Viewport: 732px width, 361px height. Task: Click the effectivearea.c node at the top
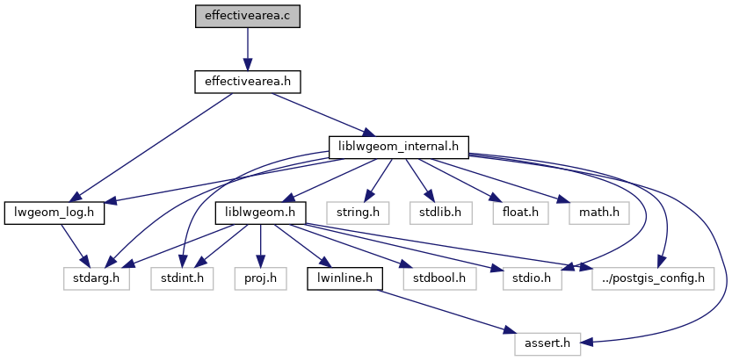[x=247, y=15]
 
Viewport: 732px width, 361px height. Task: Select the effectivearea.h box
[x=247, y=82]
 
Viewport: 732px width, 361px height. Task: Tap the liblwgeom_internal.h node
[x=398, y=147]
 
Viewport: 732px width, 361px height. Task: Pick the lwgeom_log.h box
[x=54, y=212]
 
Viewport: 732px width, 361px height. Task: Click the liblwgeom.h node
[x=259, y=212]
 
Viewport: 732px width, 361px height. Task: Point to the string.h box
[x=352, y=212]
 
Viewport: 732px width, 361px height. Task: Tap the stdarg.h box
[x=91, y=278]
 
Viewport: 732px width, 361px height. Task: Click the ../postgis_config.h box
[x=652, y=278]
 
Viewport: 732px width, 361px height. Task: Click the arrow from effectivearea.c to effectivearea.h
[x=247, y=48]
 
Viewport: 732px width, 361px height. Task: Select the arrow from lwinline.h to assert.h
[x=439, y=312]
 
